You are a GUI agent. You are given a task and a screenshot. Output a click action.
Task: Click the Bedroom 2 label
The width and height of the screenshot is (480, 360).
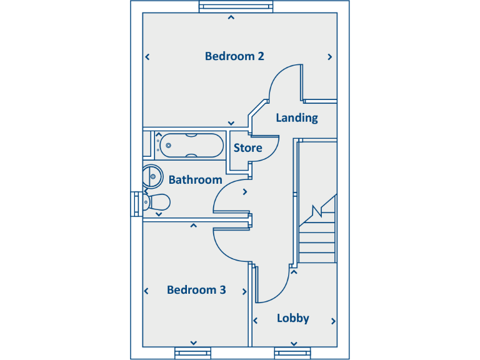tap(234, 56)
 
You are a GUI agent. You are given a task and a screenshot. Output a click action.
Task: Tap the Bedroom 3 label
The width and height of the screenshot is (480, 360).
tap(196, 290)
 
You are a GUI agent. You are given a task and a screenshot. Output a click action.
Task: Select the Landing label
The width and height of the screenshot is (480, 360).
tap(297, 117)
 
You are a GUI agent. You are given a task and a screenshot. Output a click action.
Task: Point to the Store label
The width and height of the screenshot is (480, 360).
tap(247, 148)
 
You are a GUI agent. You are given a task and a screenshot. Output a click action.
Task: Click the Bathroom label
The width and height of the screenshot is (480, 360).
tap(195, 180)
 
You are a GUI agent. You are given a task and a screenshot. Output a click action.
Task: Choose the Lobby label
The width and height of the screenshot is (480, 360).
tap(293, 318)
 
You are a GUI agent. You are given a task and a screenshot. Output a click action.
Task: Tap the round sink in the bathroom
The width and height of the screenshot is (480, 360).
tap(151, 176)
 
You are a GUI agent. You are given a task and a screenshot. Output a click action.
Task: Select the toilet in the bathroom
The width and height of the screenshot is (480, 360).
tap(156, 202)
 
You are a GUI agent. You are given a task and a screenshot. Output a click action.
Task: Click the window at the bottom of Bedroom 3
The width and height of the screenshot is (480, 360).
tap(193, 352)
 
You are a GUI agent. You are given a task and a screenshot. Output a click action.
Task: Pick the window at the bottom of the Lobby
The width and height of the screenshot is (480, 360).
tap(293, 352)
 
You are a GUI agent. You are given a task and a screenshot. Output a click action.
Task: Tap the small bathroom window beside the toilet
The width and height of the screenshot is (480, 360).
tap(136, 203)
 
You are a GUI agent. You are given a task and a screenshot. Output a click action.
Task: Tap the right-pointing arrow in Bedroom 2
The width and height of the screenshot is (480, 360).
tap(330, 57)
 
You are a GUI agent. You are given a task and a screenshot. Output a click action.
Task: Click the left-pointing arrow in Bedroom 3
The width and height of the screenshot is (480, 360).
tap(147, 291)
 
